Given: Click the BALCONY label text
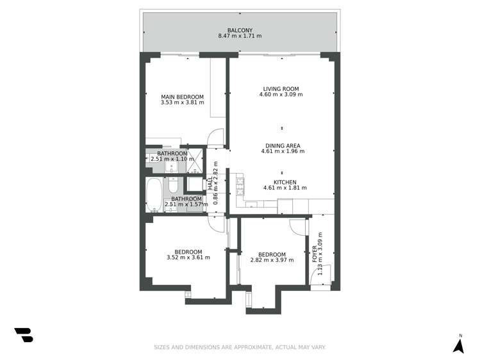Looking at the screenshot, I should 240,30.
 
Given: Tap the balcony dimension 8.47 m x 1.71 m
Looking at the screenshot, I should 240,37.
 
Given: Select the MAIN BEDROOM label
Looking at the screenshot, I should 182,97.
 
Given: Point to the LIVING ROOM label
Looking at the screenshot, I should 281,89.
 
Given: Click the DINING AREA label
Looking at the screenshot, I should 283,145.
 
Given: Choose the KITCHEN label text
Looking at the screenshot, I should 285,182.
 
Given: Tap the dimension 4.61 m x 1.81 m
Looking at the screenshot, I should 285,188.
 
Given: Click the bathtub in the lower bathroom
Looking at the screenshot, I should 154,195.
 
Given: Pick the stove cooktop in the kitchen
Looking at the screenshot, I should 240,186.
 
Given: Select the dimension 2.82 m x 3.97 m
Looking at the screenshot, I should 272,259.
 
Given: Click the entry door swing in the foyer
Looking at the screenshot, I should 319,275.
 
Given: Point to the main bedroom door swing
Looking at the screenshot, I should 217,137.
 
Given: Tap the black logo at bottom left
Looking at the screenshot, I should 24,334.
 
